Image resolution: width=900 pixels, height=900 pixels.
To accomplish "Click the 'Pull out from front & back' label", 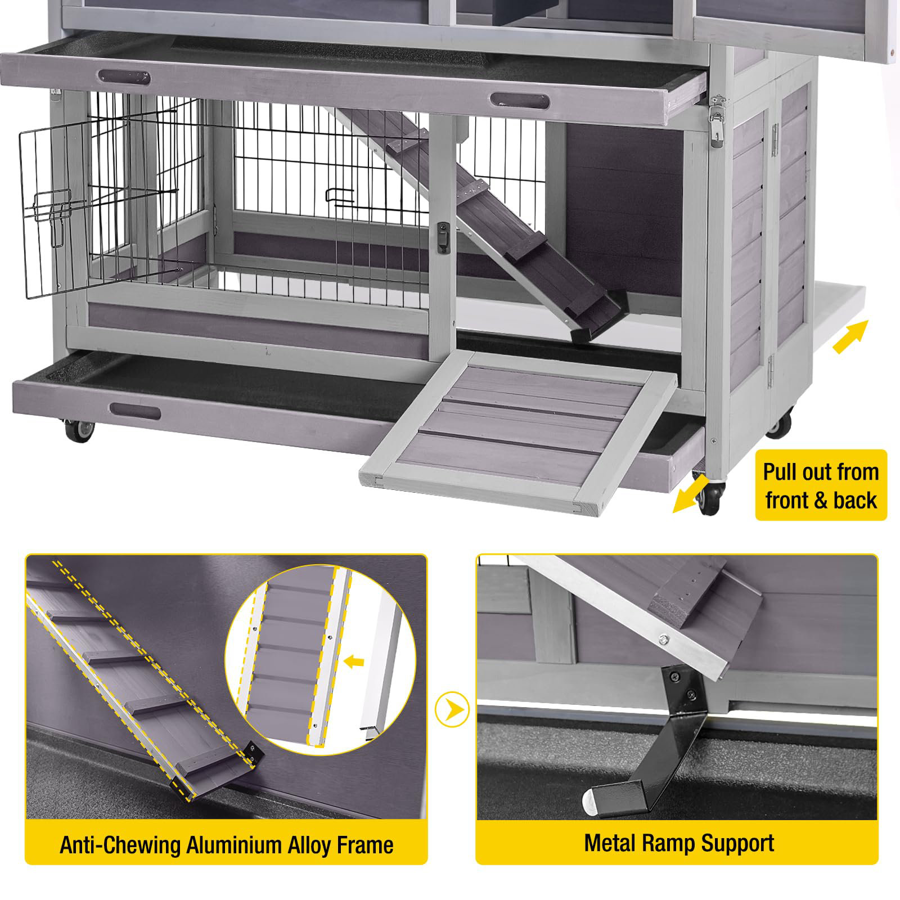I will (821, 485).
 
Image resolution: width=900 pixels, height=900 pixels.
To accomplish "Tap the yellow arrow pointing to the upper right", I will (851, 336).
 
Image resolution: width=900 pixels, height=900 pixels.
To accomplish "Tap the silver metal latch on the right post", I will (717, 120).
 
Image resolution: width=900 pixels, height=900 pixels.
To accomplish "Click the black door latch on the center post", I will (444, 237).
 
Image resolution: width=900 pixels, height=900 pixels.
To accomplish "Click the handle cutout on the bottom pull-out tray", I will (135, 412).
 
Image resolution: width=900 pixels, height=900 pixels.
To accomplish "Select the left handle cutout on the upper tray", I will (124, 77).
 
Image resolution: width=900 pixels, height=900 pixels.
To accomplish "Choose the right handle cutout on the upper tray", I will (519, 101).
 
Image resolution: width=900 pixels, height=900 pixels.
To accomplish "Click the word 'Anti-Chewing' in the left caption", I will (120, 845).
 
